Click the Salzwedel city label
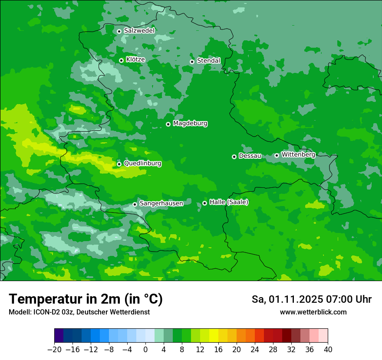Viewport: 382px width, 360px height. pos(139,31)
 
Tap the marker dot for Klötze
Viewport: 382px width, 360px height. pos(121,60)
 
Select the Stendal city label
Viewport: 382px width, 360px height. pos(208,61)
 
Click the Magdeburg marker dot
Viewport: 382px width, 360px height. pos(168,124)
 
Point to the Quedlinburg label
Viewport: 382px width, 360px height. pos(142,164)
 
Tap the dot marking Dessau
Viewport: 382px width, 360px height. pos(234,157)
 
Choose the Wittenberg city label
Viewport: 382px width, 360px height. pos(298,154)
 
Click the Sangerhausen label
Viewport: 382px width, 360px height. pos(161,203)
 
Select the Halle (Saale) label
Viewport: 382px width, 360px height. pos(229,202)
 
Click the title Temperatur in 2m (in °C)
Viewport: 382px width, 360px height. pos(86,299)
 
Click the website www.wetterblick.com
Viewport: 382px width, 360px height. pos(313,312)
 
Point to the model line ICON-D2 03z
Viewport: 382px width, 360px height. pos(79,312)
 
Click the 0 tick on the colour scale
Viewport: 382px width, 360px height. pos(145,349)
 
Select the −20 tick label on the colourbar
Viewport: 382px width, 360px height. pos(55,349)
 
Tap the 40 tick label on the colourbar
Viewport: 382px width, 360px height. pos(328,349)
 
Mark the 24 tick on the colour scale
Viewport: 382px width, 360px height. pos(255,349)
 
